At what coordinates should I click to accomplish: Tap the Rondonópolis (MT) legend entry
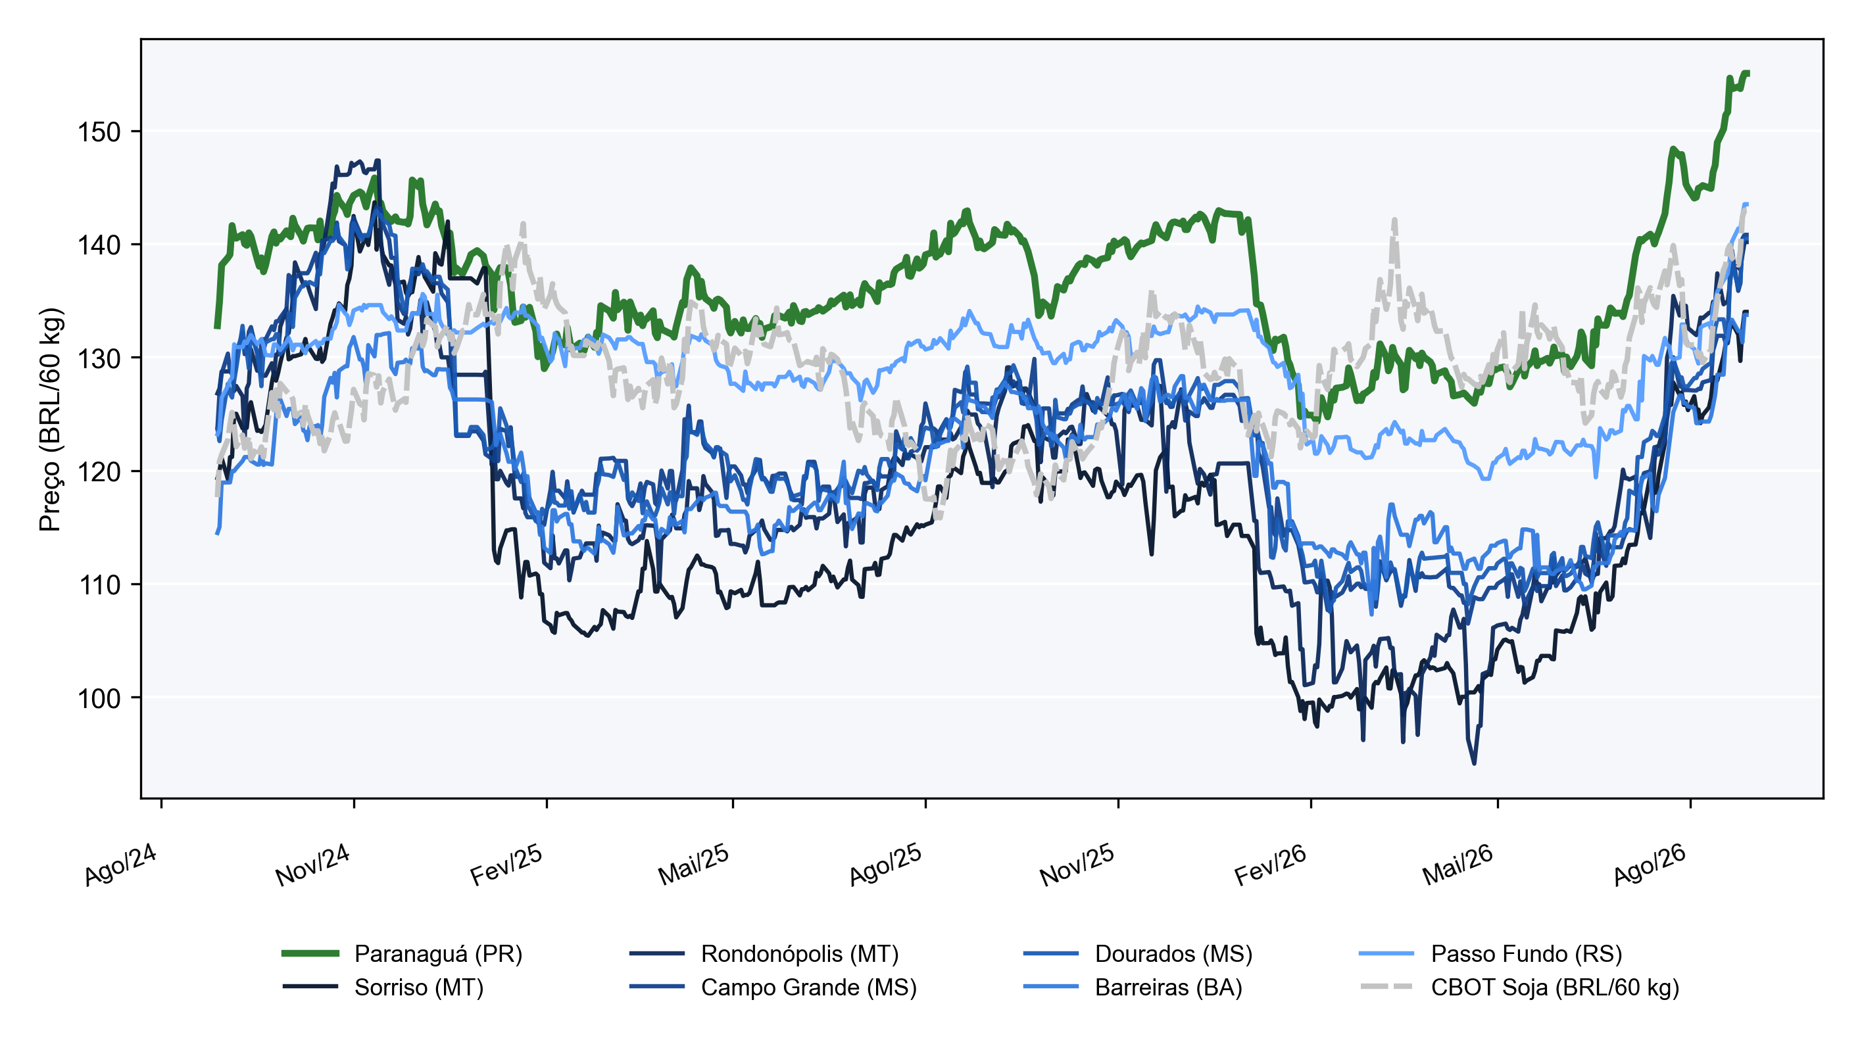pyautogui.click(x=764, y=953)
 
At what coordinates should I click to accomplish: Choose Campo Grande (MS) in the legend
pyautogui.click(x=773, y=988)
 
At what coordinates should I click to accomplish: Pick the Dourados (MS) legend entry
pyautogui.click(x=1138, y=953)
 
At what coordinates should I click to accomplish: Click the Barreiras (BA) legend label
pyautogui.click(x=1133, y=988)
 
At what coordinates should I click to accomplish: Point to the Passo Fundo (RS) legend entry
pyautogui.click(x=1490, y=953)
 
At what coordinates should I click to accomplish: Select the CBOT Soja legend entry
pyautogui.click(x=1519, y=988)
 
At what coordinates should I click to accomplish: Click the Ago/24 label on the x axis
pyautogui.click(x=121, y=865)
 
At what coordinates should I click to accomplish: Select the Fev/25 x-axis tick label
pyautogui.click(x=506, y=865)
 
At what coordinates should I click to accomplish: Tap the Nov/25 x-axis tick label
pyautogui.click(x=1077, y=865)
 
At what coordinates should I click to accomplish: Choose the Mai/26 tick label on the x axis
pyautogui.click(x=1458, y=865)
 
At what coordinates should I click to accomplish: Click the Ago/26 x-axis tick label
pyautogui.click(x=1650, y=865)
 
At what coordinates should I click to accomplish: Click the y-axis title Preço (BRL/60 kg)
pyautogui.click(x=51, y=419)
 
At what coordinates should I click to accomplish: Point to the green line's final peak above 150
pyautogui.click(x=1746, y=73)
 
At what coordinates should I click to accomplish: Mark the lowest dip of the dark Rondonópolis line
pyautogui.click(x=1474, y=763)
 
